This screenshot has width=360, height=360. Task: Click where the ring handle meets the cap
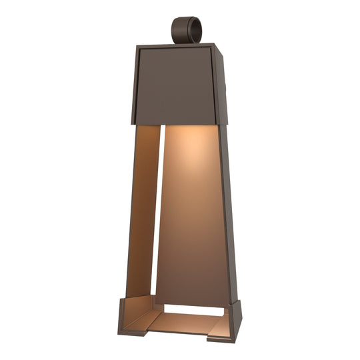coord(183,43)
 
